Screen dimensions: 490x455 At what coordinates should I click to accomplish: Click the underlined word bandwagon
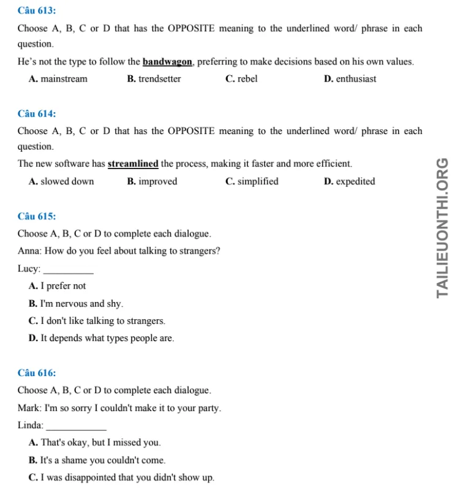(168, 62)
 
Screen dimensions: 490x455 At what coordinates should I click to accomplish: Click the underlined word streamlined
(133, 164)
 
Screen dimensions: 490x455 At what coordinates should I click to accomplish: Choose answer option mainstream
(58, 79)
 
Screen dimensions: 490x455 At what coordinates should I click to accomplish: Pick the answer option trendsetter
(154, 79)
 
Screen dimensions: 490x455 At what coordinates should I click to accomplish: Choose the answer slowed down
(61, 181)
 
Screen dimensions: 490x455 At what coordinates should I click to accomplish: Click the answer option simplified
(252, 181)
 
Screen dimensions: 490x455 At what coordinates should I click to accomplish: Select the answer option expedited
(349, 181)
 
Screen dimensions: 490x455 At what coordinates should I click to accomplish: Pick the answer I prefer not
(57, 286)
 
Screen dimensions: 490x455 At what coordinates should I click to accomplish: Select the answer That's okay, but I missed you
(95, 443)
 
